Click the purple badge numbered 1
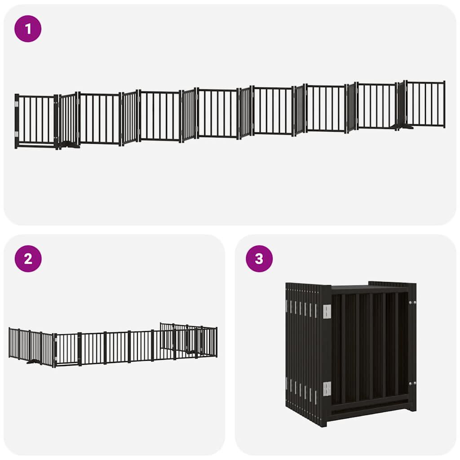pyautogui.click(x=28, y=29)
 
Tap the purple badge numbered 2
pyautogui.click(x=28, y=259)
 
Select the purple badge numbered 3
pyautogui.click(x=259, y=259)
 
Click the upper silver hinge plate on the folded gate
pyautogui.click(x=327, y=311)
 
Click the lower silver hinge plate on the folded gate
pyautogui.click(x=327, y=389)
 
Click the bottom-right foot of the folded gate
pyautogui.click(x=411, y=408)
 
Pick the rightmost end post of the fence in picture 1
pyautogui.click(x=444, y=104)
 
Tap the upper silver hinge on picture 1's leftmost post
pyautogui.click(x=17, y=104)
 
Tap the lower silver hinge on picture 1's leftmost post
pyautogui.click(x=17, y=134)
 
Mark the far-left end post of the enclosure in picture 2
pyautogui.click(x=9, y=343)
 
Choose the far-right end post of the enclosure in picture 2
pyautogui.click(x=216, y=342)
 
